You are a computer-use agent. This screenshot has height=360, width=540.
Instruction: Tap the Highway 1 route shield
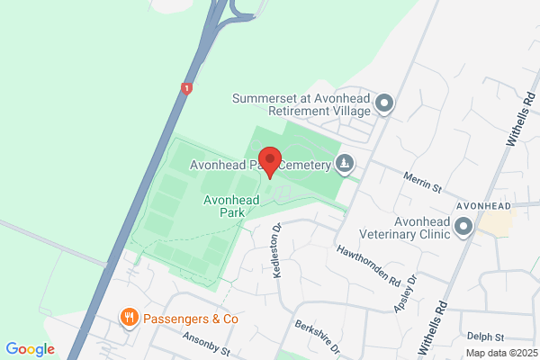coord(186,88)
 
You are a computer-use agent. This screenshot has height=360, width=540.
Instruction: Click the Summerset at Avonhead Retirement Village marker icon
coord(385,103)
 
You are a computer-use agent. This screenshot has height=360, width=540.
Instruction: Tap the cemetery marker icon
coord(344,164)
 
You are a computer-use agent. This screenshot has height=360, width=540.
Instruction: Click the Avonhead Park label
coord(224,206)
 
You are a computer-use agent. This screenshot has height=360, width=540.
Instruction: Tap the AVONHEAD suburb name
coord(483,205)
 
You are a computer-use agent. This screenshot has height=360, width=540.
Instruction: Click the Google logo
coord(30,349)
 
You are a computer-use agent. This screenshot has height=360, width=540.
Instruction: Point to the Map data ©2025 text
coord(501,353)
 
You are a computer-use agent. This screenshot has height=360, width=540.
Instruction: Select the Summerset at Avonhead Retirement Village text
coord(301,103)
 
